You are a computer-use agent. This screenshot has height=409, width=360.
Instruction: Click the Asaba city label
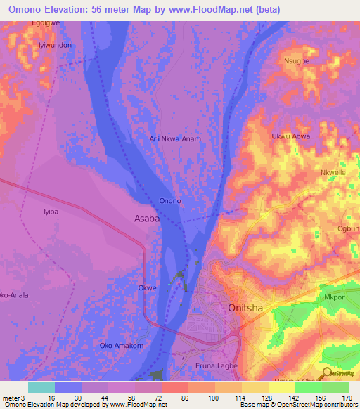[x=147, y=219]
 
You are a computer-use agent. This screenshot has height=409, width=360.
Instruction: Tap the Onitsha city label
[x=246, y=308]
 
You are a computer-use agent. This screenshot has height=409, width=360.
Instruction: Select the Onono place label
[x=170, y=201]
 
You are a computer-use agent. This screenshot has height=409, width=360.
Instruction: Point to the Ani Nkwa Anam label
[x=175, y=138]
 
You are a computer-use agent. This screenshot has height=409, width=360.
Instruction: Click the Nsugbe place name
[x=296, y=61]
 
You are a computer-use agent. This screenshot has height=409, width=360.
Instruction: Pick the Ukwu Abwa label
[x=290, y=136]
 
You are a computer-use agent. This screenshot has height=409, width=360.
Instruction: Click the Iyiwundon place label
[x=55, y=44]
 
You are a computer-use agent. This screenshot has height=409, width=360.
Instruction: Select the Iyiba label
[x=51, y=211]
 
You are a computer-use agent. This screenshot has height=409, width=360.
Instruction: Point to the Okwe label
[x=147, y=288]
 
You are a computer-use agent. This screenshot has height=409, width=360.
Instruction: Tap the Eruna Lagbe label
[x=217, y=366]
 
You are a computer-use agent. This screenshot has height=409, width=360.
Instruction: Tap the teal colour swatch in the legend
[x=41, y=387]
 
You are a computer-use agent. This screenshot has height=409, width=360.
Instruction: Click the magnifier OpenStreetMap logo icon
[x=327, y=375]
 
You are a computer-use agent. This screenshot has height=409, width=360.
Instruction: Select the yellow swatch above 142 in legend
[x=281, y=387]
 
